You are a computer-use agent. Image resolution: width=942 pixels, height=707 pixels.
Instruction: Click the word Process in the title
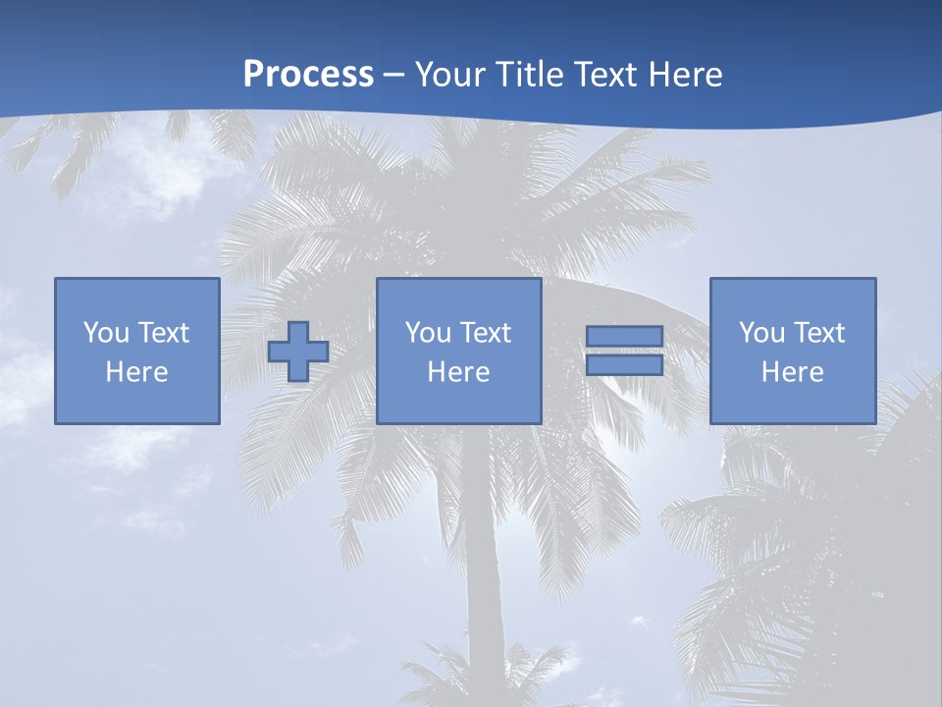(308, 75)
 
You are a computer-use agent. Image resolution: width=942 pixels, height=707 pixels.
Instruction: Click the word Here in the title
(687, 75)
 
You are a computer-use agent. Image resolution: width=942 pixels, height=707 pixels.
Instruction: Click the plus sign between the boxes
(298, 352)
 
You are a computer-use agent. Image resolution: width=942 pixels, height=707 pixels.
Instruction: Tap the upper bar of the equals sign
(624, 337)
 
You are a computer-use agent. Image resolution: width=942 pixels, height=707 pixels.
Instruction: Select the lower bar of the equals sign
(624, 364)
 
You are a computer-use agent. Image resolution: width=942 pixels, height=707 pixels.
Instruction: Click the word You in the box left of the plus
(106, 333)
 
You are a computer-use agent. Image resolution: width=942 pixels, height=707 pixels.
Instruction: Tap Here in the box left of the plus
(136, 372)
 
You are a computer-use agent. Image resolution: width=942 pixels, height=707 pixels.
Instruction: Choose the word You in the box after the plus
(428, 333)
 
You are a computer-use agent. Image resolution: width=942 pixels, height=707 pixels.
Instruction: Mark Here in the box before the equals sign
(458, 372)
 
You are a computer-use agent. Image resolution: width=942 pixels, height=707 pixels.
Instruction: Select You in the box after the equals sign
(761, 333)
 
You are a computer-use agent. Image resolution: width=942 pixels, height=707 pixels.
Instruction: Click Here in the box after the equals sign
(792, 372)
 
